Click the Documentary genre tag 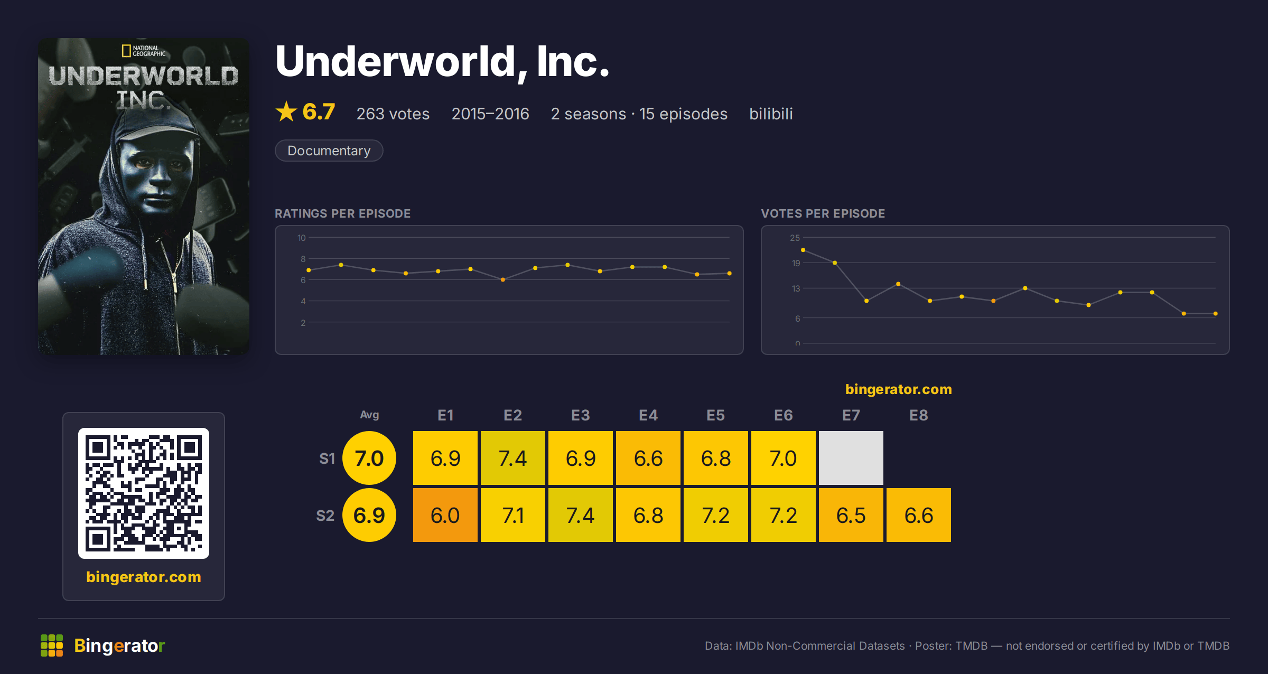pyautogui.click(x=329, y=151)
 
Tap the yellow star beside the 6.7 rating pyautogui.click(x=286, y=111)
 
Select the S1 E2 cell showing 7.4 pyautogui.click(x=512, y=458)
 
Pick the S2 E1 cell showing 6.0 pyautogui.click(x=445, y=515)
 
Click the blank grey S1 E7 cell pyautogui.click(x=851, y=458)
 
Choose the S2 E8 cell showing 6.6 pyautogui.click(x=918, y=515)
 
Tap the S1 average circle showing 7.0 pyautogui.click(x=369, y=458)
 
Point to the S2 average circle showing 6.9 pyautogui.click(x=369, y=515)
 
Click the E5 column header pyautogui.click(x=715, y=415)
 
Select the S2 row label pyautogui.click(x=325, y=516)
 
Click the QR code pyautogui.click(x=144, y=493)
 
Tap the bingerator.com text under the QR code pyautogui.click(x=144, y=577)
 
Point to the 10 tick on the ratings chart pyautogui.click(x=301, y=238)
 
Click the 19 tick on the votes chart pyautogui.click(x=796, y=263)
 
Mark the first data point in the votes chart pyautogui.click(x=803, y=250)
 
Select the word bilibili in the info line pyautogui.click(x=771, y=114)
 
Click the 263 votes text pyautogui.click(x=393, y=114)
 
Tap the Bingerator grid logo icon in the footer pyautogui.click(x=52, y=645)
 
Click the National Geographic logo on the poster pyautogui.click(x=144, y=51)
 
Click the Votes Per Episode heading pyautogui.click(x=823, y=213)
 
